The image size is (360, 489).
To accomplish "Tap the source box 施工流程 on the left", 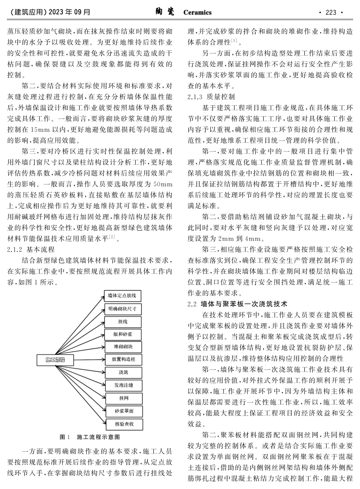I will (x=55, y=359).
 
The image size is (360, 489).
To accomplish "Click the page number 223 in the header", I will (x=331, y=12).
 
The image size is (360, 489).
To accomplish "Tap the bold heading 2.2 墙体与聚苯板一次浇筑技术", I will (x=238, y=304).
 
